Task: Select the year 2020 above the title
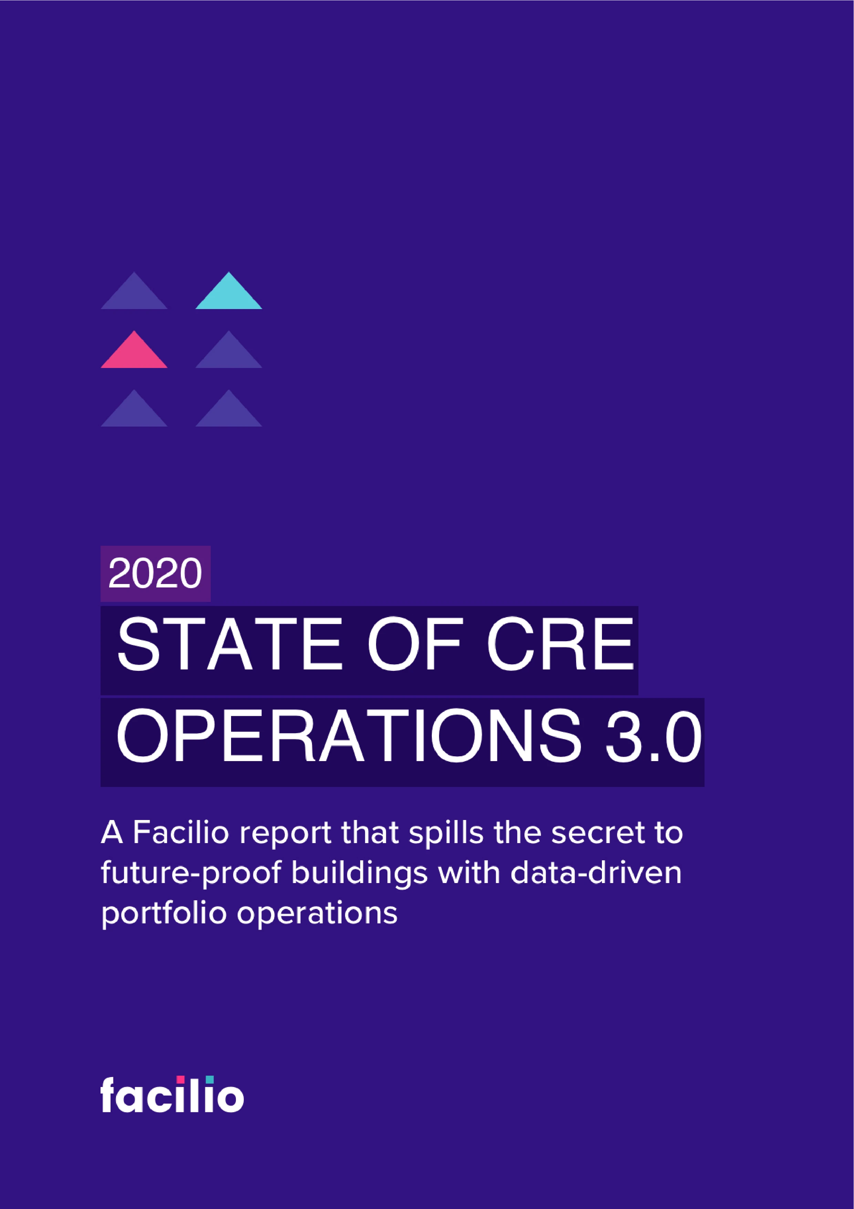pyautogui.click(x=155, y=573)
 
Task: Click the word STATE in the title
pyautogui.click(x=229, y=645)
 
